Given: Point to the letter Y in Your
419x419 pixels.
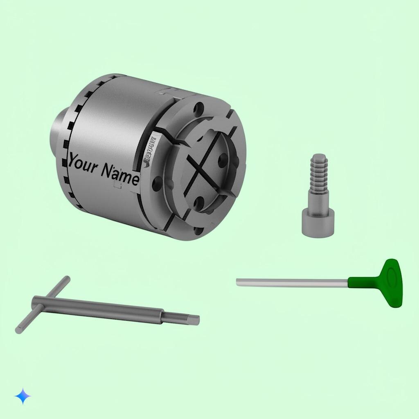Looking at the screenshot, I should (73, 160).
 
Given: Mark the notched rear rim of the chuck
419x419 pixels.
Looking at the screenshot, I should (78, 123).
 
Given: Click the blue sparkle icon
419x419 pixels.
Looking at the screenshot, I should (23, 396).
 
